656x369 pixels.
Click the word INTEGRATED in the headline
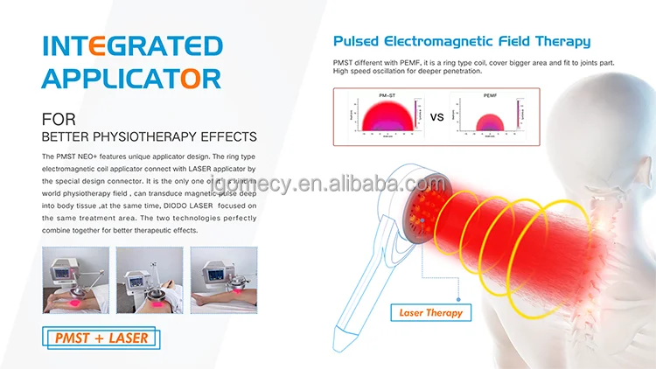(131, 46)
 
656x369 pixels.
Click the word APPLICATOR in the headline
(131, 78)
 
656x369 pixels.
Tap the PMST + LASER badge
(102, 338)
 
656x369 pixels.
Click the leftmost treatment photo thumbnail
(75, 280)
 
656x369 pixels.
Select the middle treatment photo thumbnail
(150, 280)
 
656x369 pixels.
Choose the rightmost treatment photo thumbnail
(225, 280)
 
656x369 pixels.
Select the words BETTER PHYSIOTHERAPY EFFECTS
(149, 136)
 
